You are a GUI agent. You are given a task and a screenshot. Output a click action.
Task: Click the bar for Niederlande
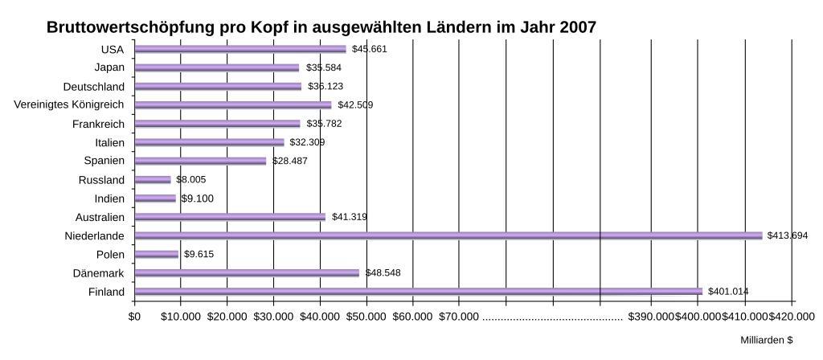[448, 235]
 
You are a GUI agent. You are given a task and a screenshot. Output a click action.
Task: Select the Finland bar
[418, 291]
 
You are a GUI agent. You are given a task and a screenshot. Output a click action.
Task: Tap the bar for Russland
[153, 180]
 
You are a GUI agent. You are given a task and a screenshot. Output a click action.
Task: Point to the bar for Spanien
[200, 161]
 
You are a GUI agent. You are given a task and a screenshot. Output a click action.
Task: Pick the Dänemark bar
[247, 272]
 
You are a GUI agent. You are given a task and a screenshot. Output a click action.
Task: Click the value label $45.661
[370, 49]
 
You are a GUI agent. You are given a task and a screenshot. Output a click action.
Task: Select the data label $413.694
[788, 235]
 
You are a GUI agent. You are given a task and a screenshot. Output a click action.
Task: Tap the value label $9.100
[197, 198]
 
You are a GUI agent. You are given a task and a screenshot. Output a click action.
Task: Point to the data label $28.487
[289, 161]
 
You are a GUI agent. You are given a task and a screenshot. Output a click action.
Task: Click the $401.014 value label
[728, 291]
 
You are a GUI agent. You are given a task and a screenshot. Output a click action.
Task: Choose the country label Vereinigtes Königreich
[69, 105]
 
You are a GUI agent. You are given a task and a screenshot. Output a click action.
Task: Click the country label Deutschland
[94, 87]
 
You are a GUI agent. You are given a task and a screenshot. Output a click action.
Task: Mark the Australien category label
[100, 217]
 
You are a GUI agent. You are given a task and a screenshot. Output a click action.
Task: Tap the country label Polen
[110, 254]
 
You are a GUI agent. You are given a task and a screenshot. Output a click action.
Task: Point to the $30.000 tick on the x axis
[273, 317]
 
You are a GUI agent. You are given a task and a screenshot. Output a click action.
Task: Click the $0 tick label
[134, 317]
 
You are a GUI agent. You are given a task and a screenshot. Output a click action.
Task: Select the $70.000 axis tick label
[459, 317]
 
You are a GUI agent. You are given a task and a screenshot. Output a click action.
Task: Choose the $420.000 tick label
[793, 317]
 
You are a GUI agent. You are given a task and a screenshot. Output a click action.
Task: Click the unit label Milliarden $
[767, 341]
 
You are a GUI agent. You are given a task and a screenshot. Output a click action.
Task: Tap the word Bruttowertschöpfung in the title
[130, 27]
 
